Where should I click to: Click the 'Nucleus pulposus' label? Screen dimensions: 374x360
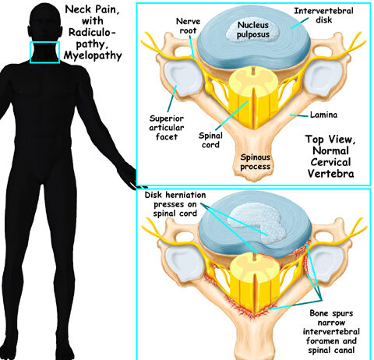(253, 30)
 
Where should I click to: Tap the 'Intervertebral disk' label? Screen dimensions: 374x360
(323, 15)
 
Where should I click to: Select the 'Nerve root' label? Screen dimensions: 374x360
(188, 26)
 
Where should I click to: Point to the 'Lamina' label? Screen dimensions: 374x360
(323, 115)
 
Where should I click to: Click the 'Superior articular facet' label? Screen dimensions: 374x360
(167, 128)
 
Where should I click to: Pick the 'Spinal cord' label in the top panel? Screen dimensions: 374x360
(210, 140)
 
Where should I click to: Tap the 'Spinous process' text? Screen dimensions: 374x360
(256, 161)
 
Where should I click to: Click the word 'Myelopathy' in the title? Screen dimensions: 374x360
(93, 55)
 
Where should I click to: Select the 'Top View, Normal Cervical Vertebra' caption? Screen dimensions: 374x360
(330, 157)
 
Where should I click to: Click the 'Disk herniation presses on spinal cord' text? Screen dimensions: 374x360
(175, 204)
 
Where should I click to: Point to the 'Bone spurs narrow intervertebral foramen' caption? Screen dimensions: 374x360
(331, 332)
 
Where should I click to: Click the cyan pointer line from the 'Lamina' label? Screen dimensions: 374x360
(299, 115)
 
